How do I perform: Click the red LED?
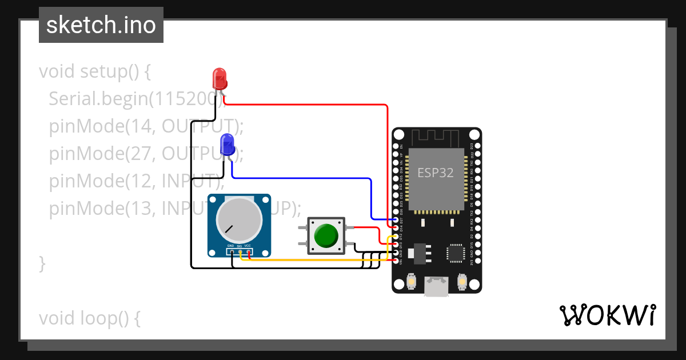[x=219, y=78]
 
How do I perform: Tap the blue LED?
[x=227, y=145]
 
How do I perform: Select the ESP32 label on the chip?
[x=436, y=173]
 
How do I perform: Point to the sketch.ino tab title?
[x=101, y=25]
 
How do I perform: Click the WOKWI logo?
[x=607, y=315]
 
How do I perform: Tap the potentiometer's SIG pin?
[x=240, y=251]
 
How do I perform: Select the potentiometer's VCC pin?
[x=249, y=251]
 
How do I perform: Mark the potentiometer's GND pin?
[x=232, y=251]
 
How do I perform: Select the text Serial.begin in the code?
[x=97, y=99]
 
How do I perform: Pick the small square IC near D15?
[x=456, y=253]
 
